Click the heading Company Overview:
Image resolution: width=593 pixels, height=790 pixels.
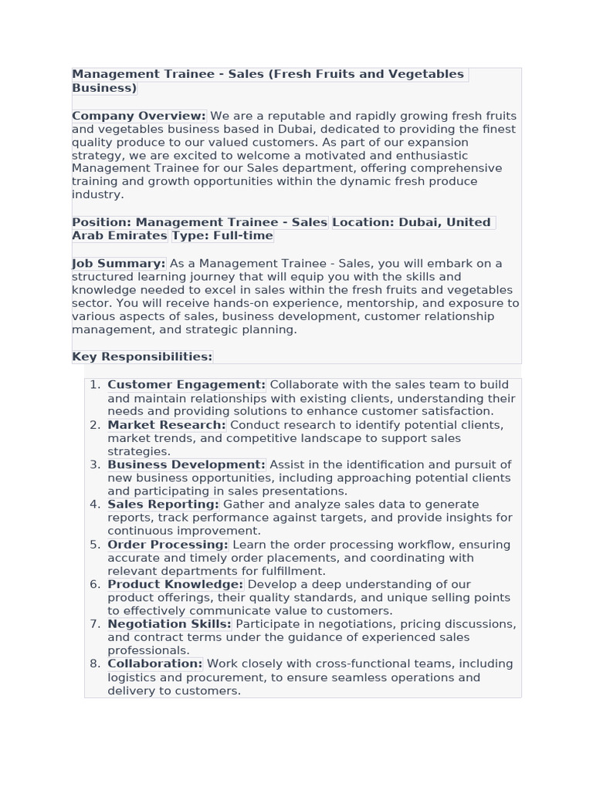pos(139,116)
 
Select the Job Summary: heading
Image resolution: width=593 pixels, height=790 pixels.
pos(119,263)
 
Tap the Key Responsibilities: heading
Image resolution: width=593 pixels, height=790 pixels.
pos(142,356)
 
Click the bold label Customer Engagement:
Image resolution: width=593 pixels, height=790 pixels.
pos(186,384)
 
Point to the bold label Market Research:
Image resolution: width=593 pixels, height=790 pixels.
pos(167,424)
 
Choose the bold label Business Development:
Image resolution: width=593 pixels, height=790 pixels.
pos(186,464)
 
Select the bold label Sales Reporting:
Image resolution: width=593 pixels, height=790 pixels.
pos(163,504)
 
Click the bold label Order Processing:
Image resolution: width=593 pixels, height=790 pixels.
pos(168,544)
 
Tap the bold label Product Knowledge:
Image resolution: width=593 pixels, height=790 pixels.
pos(175,584)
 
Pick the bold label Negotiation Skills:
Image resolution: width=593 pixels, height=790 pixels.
pos(169,623)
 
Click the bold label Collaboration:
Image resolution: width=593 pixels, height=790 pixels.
pos(154,663)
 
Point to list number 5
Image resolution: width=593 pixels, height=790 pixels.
pos(95,544)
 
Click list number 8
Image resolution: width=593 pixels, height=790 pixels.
pos(95,663)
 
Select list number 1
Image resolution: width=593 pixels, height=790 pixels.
pos(95,384)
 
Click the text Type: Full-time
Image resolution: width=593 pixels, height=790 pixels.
pos(222,235)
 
